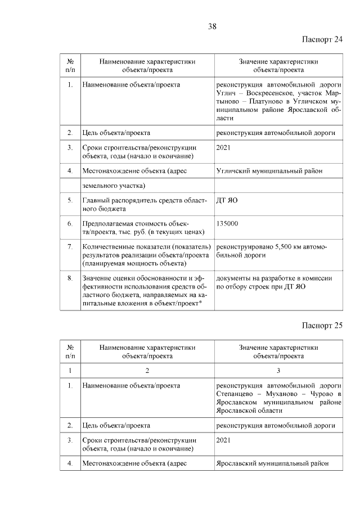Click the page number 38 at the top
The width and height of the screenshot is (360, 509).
click(212, 26)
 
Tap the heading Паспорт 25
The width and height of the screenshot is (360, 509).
click(322, 325)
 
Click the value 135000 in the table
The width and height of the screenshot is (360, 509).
click(227, 224)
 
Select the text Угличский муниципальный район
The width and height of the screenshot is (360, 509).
click(269, 170)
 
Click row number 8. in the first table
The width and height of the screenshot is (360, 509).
click(70, 278)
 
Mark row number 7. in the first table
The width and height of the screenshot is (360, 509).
click(70, 247)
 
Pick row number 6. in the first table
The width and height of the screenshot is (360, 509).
click(70, 224)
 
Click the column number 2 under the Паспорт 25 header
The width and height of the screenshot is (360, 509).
click(147, 370)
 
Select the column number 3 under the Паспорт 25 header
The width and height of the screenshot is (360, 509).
click(278, 370)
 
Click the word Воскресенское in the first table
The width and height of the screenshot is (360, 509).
click(269, 93)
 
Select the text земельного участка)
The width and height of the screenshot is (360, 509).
click(114, 186)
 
